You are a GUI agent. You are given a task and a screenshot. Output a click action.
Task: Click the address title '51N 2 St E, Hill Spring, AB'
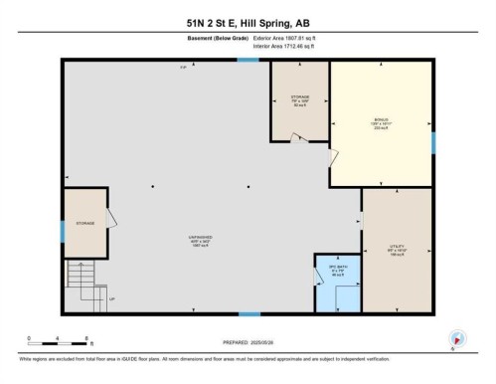[x=248, y=20]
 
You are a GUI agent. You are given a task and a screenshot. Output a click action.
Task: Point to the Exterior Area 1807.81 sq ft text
[x=290, y=40]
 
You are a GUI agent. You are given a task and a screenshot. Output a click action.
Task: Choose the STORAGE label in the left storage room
[x=84, y=224]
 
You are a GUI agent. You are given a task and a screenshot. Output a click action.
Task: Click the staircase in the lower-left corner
[x=82, y=281]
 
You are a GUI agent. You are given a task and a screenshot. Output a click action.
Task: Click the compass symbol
[x=456, y=338]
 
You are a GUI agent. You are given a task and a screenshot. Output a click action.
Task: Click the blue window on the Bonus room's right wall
[x=433, y=142]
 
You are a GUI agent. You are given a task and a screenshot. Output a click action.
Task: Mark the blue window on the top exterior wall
[x=248, y=61]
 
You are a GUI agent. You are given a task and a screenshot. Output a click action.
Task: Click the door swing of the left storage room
[x=112, y=219]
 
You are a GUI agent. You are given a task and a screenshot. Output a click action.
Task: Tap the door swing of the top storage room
[x=293, y=139]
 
